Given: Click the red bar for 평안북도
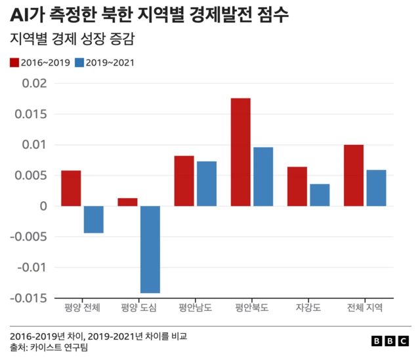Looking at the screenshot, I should pos(241,152).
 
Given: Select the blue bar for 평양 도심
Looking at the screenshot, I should pos(150,249).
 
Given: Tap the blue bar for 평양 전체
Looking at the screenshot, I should pos(94,220).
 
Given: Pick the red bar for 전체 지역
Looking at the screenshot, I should pos(354,175).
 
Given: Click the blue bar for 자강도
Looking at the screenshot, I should pos(320,195).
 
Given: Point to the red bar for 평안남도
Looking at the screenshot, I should pos(184,181).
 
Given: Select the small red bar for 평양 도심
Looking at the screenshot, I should pos(128,202).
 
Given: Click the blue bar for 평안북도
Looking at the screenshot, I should pos(263,176).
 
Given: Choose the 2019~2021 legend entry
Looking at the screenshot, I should pos(104,63).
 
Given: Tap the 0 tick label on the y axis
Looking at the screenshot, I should pos(43,206).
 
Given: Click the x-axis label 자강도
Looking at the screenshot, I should pos(308,308).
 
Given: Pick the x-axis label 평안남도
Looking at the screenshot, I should pos(195,308).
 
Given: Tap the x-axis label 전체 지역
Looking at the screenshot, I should pos(365,308).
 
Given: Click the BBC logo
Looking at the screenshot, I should pos(389,341).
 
